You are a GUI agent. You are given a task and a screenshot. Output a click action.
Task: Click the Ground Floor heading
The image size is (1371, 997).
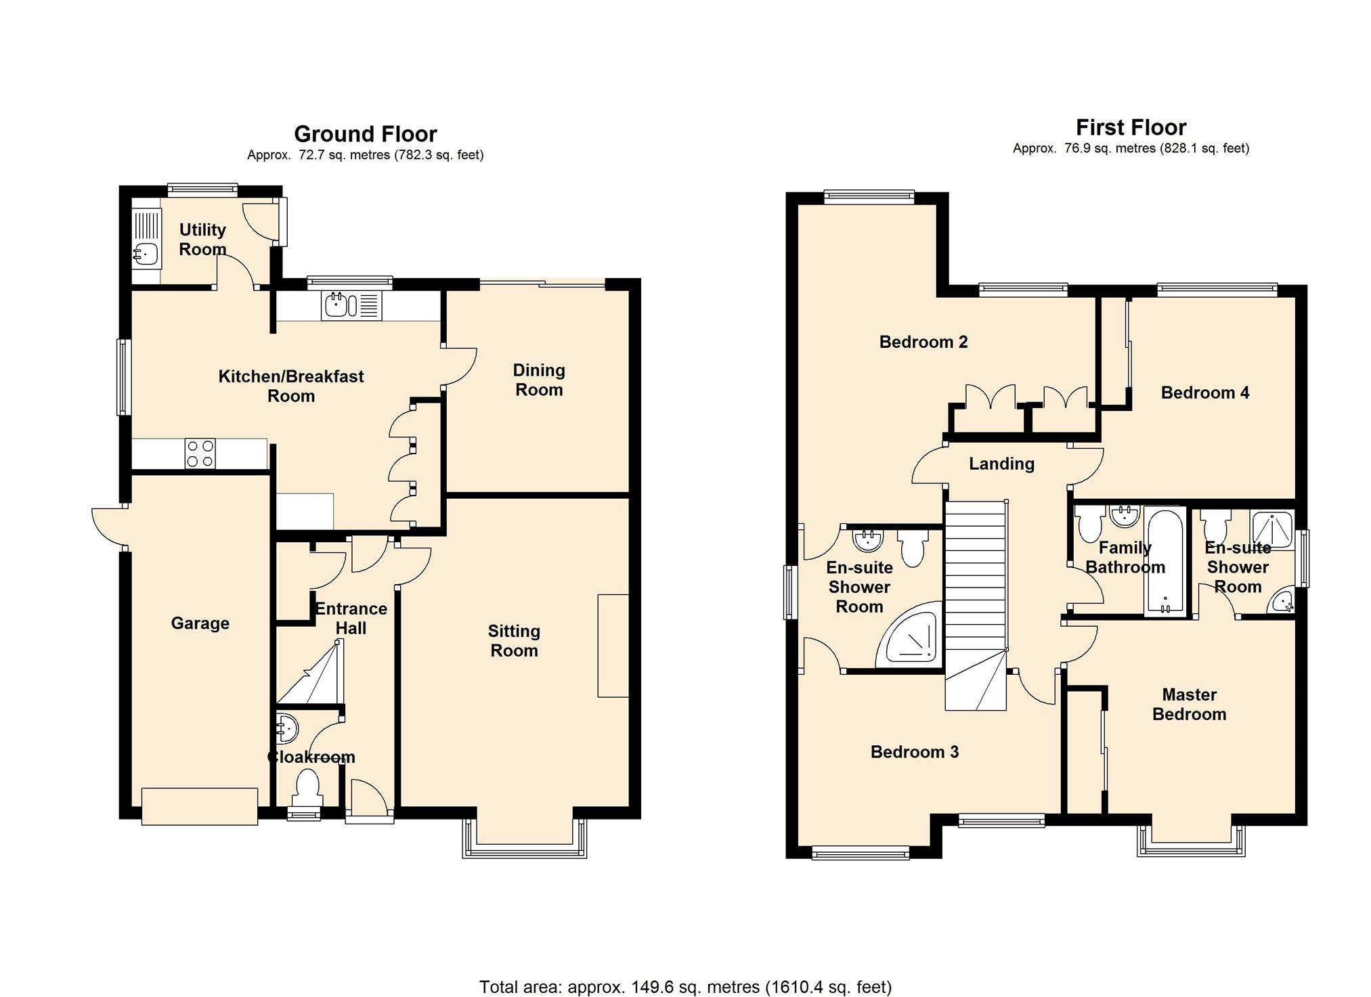366,134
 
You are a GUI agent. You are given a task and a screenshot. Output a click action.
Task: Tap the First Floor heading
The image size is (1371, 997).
1131,127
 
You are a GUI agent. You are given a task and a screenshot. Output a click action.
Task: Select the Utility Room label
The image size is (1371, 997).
202,240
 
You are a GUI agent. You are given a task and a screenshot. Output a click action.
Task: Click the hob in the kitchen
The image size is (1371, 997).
200,453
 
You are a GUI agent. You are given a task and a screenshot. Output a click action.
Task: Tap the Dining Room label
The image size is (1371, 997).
539,380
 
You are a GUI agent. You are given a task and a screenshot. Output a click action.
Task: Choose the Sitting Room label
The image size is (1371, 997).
514,641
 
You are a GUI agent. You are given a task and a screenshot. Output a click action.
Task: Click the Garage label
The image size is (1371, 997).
200,623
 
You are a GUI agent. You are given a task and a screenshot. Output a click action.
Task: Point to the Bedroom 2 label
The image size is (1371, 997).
923,342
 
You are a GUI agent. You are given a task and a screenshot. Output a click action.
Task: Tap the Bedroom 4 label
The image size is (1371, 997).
1205,393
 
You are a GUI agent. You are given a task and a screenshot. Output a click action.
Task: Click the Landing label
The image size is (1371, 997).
1001,464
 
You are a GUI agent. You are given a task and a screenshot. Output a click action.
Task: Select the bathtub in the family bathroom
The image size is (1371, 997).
1165,562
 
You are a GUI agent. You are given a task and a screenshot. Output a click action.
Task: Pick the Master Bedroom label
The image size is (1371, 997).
1190,705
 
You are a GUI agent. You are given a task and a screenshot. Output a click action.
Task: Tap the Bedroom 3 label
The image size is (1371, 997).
915,752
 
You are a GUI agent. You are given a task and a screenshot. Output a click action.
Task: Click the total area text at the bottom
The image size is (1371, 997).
685,988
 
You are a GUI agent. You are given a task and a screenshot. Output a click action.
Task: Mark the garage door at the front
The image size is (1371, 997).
200,806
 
